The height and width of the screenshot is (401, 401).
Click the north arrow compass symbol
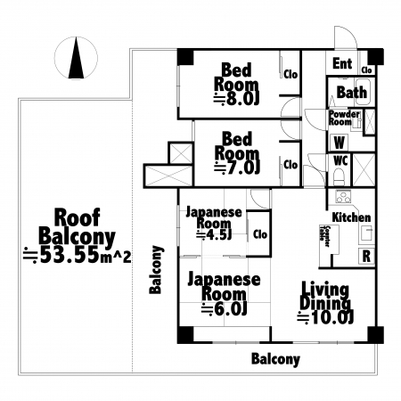76,58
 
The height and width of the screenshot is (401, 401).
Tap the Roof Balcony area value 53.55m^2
78,255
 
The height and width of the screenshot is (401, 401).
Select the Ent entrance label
342,63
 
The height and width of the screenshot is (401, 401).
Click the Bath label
352,92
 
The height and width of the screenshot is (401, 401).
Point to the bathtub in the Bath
363,92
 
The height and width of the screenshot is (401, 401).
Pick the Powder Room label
344,119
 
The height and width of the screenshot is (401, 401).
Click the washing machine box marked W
340,143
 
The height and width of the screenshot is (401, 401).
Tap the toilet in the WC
339,177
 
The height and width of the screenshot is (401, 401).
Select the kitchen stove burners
343,197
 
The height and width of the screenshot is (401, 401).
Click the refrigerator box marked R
367,256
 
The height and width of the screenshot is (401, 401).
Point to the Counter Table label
324,236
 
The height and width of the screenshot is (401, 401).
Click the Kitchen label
351,217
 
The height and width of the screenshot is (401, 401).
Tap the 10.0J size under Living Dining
325,318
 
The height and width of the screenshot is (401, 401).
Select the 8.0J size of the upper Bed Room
236,99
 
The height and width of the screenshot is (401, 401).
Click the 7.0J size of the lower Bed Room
237,168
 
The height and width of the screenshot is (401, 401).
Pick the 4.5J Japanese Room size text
214,235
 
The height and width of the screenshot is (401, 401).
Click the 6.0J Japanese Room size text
225,309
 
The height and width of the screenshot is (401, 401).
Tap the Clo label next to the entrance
367,70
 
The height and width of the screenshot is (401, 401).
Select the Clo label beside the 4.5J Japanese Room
260,234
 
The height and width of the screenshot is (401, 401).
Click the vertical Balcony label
156,270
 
